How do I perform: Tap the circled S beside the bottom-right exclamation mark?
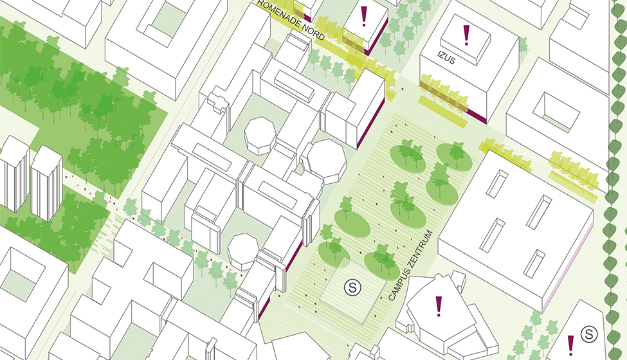(x=588, y=334)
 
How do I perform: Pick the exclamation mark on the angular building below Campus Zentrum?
(x=439, y=305)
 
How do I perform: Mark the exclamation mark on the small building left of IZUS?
(x=364, y=16)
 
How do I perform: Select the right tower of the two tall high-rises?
(x=46, y=183)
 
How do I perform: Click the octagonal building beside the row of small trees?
(x=242, y=251)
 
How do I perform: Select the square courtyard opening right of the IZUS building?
(x=552, y=107)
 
